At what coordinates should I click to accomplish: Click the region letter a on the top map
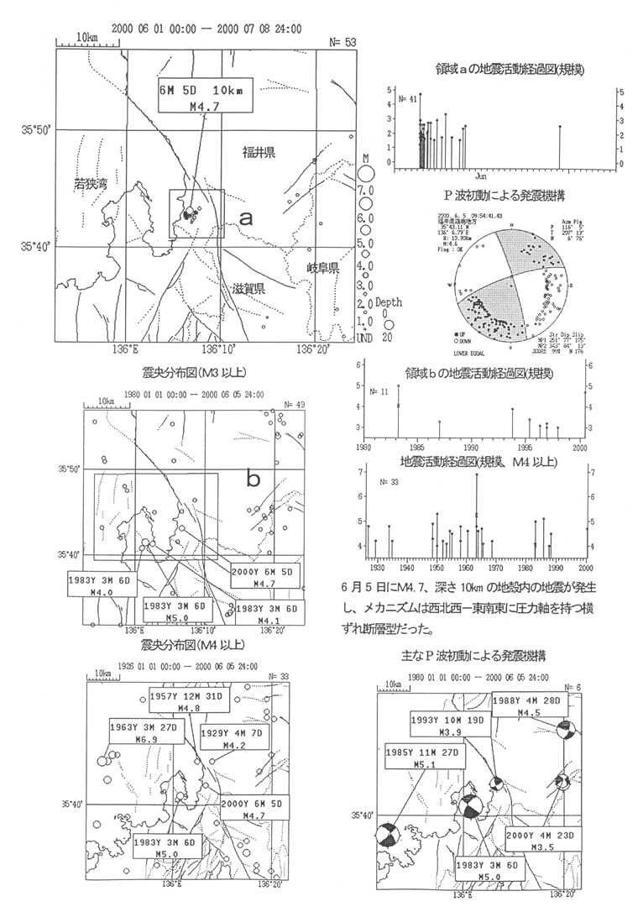click(246, 217)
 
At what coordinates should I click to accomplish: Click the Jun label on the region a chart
click(480, 177)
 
